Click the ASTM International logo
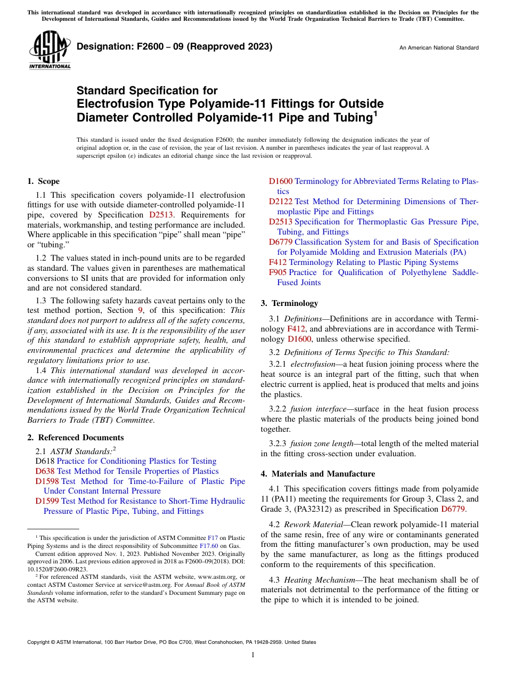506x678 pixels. pos(50,50)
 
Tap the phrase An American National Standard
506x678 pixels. pos(439,48)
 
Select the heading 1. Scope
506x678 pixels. pos(44,181)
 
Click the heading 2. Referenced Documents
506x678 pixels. pos(76,438)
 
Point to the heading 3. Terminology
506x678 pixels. pos(289,303)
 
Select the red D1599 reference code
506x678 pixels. pos(47,501)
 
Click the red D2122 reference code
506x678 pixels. pos(281,201)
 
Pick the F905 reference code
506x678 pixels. pos(278,272)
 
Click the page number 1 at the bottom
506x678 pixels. pos(253,655)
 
